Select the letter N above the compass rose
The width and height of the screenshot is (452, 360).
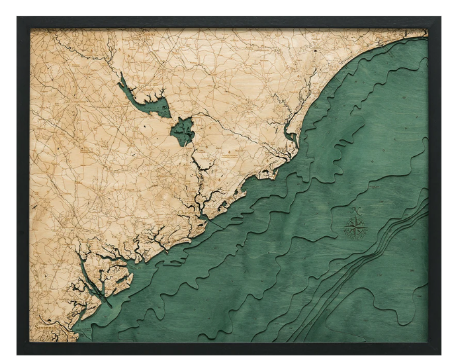357,210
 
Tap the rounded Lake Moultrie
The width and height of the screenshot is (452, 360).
182,131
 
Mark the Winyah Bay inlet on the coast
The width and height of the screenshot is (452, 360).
290,138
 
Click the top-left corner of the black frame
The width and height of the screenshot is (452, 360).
19,18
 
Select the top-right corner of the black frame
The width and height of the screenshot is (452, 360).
439,18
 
